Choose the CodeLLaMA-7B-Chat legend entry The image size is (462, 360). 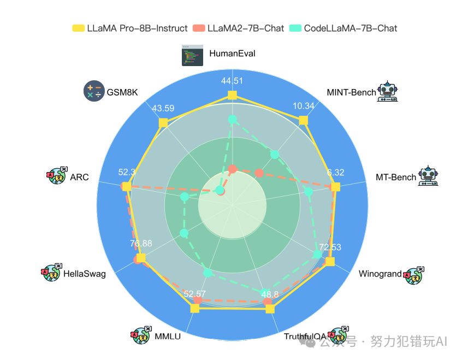click(343, 28)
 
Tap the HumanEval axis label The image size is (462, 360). click(232, 54)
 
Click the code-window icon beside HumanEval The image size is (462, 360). click(192, 55)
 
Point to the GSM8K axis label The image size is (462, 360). click(122, 92)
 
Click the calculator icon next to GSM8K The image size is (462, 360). click(93, 91)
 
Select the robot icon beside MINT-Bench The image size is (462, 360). click(388, 91)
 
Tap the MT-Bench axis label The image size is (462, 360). click(395, 177)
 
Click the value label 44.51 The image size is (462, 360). click(232, 81)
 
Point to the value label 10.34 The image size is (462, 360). click(304, 106)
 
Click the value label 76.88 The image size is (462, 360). click(141, 243)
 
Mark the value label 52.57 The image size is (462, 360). click(196, 294)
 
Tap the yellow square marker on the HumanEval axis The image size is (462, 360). click(232, 96)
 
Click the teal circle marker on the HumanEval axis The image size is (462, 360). click(232, 119)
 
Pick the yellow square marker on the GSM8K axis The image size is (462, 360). click(163, 123)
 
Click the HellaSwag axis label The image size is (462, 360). click(84, 273)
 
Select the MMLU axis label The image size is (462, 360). click(167, 336)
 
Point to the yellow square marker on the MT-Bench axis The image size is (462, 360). click(335, 187)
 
